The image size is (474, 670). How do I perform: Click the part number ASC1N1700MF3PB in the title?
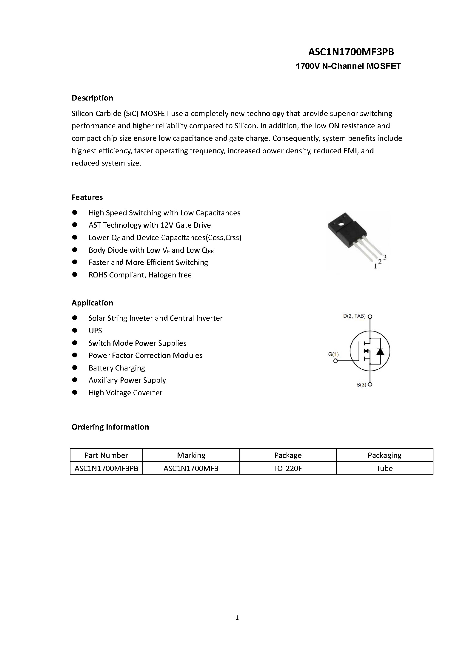pos(351,52)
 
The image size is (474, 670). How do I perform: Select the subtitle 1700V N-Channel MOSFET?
pos(348,66)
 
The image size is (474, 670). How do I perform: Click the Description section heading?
pos(92,98)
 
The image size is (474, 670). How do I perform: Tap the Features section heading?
pos(87,197)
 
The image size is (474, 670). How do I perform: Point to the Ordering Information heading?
pos(110,427)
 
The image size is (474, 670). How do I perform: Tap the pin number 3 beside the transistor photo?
pos(385,257)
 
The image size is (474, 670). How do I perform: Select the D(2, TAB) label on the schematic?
pos(354,316)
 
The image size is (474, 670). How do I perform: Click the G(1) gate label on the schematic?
pos(333,354)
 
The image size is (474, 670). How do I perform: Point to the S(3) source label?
pos(361,385)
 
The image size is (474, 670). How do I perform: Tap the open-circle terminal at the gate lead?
pos(336,361)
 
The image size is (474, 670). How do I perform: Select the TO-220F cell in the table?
pos(288,468)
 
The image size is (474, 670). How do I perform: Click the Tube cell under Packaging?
pos(384,468)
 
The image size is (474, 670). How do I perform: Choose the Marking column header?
pos(191,455)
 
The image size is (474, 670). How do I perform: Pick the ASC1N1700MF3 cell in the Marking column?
pos(191,468)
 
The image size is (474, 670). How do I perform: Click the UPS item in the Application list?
pos(95,331)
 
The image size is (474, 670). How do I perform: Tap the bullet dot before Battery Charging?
pos(75,368)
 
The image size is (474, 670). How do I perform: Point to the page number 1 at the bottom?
pos(237,618)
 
